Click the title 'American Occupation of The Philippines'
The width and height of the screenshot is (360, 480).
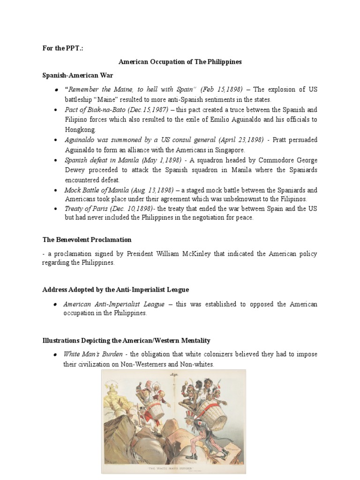coord(180,61)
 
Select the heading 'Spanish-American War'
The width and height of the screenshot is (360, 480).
coord(77,75)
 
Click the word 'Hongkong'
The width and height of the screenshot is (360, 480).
coord(80,130)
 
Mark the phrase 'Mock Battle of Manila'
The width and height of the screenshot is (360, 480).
coord(94,190)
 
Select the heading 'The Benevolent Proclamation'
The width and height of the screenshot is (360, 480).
coord(87,240)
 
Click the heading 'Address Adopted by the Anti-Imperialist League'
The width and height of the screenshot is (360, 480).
coord(115,289)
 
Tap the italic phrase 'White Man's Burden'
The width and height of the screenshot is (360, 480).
coord(93,354)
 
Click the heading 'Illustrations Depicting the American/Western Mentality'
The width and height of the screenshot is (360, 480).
coord(126,340)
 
